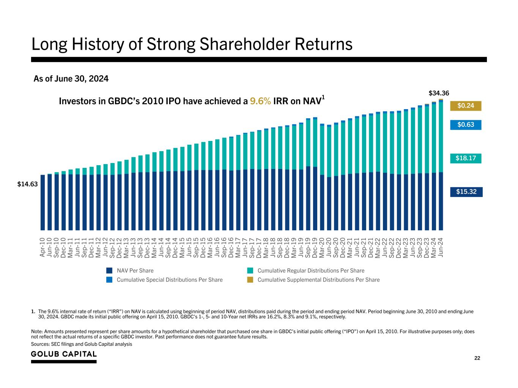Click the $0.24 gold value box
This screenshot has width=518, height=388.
click(x=465, y=106)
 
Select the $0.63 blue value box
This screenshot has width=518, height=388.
click(x=465, y=125)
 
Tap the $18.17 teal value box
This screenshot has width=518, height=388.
click(x=465, y=158)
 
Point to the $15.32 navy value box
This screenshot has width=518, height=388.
click(x=466, y=192)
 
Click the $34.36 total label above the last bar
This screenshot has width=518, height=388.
click(x=439, y=93)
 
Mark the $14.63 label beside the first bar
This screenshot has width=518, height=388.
click(x=28, y=184)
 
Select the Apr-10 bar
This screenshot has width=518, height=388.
click(x=43, y=202)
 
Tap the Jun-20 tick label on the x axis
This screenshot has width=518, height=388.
click(x=329, y=247)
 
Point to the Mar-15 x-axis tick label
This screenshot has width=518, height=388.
click(x=182, y=247)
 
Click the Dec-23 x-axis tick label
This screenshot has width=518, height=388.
click(x=427, y=247)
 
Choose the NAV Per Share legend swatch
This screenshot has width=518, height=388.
click(x=110, y=271)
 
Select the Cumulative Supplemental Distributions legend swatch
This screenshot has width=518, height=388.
click(x=250, y=280)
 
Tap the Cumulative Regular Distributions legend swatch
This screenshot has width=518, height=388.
click(x=250, y=271)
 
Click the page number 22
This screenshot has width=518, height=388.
click(x=477, y=358)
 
